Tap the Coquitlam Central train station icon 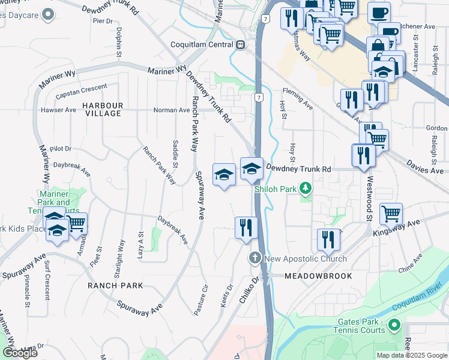point(240,44)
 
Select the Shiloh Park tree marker point(306,189)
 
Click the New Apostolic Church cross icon point(255,259)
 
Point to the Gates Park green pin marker point(394,325)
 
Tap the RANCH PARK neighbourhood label point(115,286)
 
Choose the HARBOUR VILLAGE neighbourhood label point(103,110)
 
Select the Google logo point(20,353)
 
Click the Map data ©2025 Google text point(412,355)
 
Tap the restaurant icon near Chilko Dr point(246,228)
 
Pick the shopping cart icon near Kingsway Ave point(391,212)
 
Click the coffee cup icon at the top point(378,12)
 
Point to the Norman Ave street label point(172,110)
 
